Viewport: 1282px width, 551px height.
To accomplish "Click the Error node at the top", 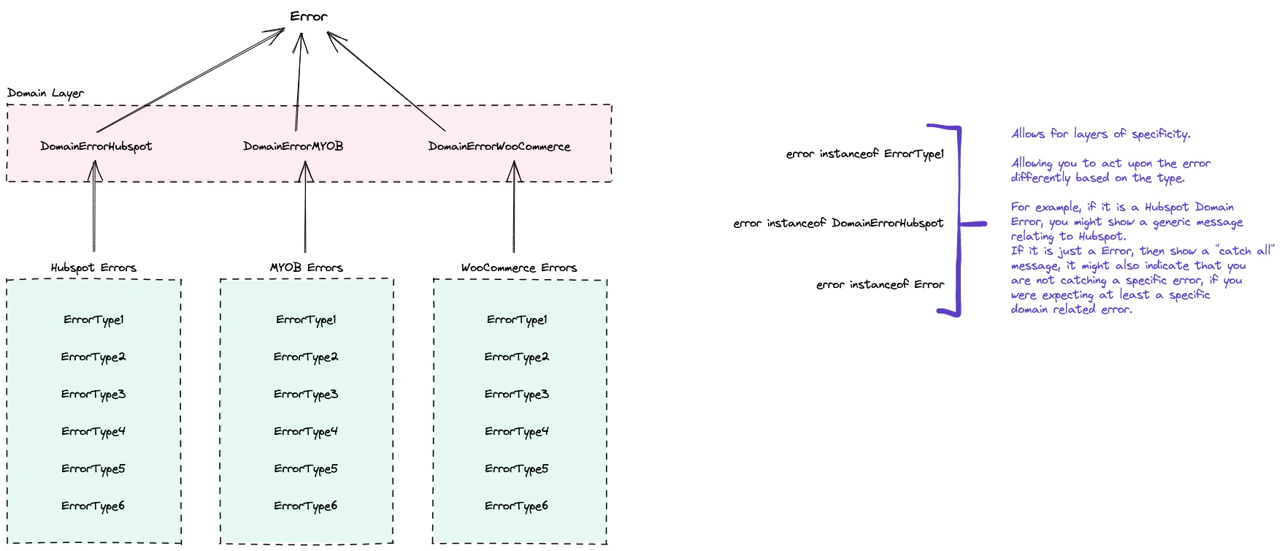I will [x=308, y=17].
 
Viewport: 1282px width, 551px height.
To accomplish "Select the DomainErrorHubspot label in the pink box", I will [x=96, y=147].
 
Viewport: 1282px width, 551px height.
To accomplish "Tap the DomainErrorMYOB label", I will [x=293, y=147].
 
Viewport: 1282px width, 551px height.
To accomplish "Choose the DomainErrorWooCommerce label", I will [x=499, y=147].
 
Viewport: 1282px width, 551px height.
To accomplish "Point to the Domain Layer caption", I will [x=45, y=94].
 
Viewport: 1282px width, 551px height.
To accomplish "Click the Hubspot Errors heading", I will [x=93, y=268].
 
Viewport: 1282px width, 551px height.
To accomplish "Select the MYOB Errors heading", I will [x=306, y=268].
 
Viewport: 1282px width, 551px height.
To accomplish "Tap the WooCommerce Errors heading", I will [x=518, y=268].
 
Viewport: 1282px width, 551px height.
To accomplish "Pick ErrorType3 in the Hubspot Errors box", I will [x=93, y=395].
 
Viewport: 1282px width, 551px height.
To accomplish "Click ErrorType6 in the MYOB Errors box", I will [x=305, y=506].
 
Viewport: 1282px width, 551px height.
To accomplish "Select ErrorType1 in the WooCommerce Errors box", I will [x=517, y=320].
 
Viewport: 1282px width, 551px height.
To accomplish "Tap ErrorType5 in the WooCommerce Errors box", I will [x=517, y=469].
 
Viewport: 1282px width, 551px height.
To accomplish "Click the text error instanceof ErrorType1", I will [x=864, y=154].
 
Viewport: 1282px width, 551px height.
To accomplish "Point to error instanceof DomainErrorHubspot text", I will [x=838, y=224].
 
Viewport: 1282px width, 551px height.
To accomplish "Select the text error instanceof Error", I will [x=880, y=285].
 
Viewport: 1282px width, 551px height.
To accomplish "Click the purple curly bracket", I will [x=959, y=219].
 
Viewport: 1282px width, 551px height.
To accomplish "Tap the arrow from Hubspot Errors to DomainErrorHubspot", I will [x=94, y=212].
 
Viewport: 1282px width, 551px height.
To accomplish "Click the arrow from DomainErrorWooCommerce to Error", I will [x=387, y=82].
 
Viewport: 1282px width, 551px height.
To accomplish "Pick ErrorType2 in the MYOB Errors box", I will [x=305, y=357].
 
